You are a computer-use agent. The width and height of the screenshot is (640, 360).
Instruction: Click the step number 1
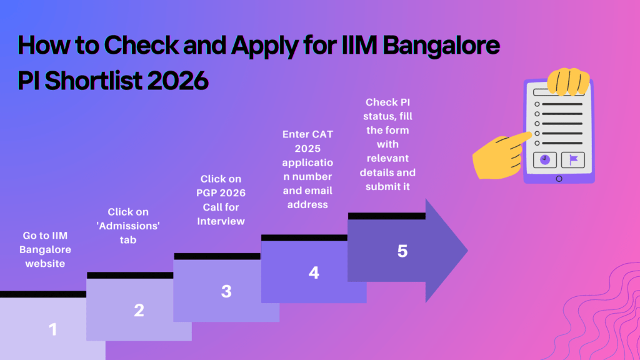[52, 329]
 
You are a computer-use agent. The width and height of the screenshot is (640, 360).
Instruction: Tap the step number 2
[139, 311]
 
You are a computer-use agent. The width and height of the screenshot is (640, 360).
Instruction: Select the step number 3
[226, 291]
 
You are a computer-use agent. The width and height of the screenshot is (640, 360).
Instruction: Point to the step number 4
[314, 272]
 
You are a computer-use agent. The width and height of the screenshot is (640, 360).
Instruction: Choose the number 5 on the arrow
[402, 251]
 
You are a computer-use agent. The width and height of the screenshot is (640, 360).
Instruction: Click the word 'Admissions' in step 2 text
[128, 226]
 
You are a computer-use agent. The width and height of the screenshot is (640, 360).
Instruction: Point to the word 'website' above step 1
[45, 263]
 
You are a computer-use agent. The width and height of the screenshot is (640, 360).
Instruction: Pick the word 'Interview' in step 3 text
[221, 221]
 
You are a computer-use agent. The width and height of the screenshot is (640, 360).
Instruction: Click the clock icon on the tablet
[544, 160]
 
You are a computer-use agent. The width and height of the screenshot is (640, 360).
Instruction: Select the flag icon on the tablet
[573, 160]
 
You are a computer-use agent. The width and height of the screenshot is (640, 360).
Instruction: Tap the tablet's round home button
[559, 179]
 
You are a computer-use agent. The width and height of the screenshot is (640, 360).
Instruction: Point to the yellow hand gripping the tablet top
[568, 79]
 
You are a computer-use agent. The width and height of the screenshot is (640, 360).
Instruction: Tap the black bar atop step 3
[217, 256]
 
